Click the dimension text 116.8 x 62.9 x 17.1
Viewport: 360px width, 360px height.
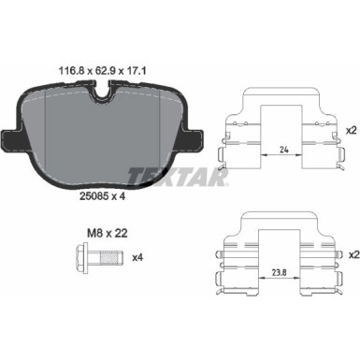[x=103, y=71]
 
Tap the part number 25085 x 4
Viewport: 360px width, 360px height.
[x=102, y=196]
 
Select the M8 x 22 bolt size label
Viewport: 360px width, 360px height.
[x=107, y=233]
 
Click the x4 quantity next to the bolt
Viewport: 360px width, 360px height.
[x=137, y=257]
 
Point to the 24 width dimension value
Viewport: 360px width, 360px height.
[x=284, y=150]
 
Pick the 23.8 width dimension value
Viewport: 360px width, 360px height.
[x=280, y=272]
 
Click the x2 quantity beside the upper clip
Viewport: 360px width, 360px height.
[x=352, y=131]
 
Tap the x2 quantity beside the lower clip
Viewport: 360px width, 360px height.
[x=352, y=255]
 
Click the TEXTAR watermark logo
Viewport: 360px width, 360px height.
[x=178, y=177]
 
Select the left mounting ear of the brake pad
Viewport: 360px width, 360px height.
[x=11, y=139]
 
